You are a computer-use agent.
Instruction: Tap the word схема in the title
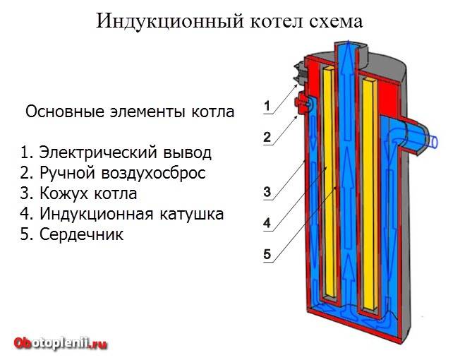click(x=332, y=22)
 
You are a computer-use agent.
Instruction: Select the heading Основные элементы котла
click(x=129, y=112)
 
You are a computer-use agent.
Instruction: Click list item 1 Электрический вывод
click(x=116, y=152)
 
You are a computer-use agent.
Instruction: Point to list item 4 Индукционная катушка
click(x=122, y=214)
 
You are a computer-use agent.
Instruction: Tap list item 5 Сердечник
click(x=72, y=234)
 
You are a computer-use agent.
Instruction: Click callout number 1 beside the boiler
click(x=267, y=107)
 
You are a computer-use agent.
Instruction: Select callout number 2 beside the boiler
click(x=267, y=138)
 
